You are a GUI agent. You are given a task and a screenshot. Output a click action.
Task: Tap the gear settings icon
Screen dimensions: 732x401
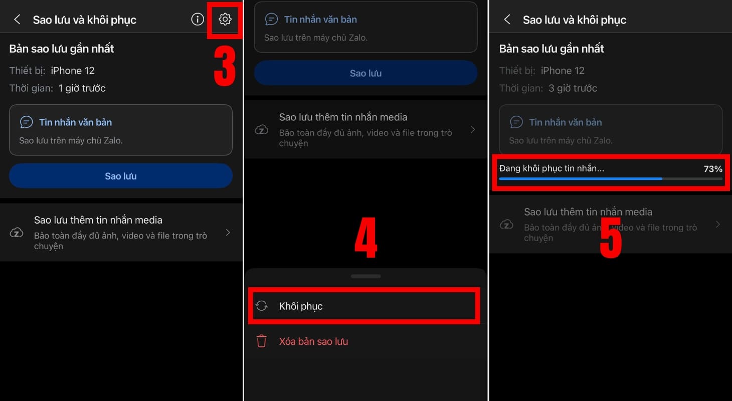click(x=225, y=19)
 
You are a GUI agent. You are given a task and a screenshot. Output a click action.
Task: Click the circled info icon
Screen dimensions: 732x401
click(x=198, y=19)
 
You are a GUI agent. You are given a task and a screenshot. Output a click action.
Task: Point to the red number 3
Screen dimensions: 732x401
click(x=225, y=66)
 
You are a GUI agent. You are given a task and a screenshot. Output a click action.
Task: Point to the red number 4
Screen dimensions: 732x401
click(x=366, y=237)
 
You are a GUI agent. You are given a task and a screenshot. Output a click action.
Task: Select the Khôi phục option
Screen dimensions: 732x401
click(x=301, y=306)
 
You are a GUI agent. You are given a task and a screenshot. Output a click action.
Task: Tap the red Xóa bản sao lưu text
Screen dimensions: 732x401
click(x=313, y=341)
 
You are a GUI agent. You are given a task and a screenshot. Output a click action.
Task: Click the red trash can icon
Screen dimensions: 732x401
click(x=261, y=341)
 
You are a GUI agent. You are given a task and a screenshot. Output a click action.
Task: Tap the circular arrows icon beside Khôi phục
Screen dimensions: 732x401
click(x=261, y=306)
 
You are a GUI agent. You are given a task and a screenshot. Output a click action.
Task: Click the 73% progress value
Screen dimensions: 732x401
click(x=713, y=169)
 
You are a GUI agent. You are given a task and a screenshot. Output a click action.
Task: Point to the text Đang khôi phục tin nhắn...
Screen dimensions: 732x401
click(x=552, y=168)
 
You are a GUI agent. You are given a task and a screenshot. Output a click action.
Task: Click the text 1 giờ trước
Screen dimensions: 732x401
click(x=82, y=88)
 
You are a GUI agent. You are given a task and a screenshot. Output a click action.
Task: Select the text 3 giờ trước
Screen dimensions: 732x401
click(x=573, y=88)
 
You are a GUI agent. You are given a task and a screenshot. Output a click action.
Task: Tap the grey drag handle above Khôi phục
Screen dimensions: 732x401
click(x=365, y=276)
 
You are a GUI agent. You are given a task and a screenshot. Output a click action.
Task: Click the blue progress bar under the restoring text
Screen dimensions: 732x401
click(x=581, y=179)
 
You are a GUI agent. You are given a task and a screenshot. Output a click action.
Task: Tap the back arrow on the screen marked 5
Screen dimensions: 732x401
click(x=507, y=19)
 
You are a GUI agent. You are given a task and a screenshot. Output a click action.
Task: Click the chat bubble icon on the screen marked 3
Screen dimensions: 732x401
click(x=26, y=122)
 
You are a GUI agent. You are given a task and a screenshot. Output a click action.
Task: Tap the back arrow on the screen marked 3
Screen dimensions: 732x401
click(x=17, y=19)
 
